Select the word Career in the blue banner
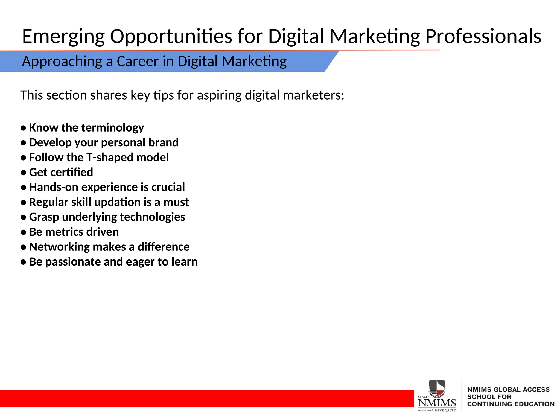(x=138, y=61)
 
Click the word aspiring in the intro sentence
(x=219, y=95)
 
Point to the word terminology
(x=113, y=128)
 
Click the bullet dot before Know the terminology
(x=24, y=128)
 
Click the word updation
(x=117, y=202)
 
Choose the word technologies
(x=152, y=217)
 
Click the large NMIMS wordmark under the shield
(x=437, y=403)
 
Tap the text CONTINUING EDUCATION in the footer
(x=511, y=404)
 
